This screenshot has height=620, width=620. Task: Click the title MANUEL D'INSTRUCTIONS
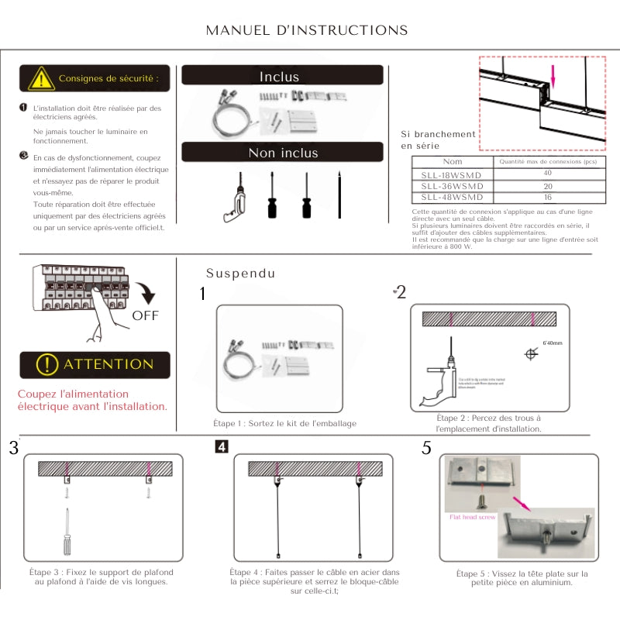307,30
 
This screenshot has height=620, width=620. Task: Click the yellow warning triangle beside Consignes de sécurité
40,78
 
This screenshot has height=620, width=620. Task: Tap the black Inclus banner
282,75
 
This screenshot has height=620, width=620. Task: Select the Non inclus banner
282,152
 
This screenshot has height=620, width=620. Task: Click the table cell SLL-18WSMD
452,175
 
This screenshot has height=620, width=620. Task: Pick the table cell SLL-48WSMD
452,197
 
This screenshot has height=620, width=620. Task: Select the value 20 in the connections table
548,186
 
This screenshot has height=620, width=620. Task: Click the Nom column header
453,162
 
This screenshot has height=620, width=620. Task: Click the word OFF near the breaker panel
145,315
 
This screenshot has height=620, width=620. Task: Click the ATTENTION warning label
95,364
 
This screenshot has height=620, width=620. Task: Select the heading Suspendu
240,274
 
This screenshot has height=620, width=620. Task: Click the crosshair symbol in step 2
531,354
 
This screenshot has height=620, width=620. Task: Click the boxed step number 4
222,447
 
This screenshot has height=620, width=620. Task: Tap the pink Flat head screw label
472,515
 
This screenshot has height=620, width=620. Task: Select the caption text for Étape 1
285,424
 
